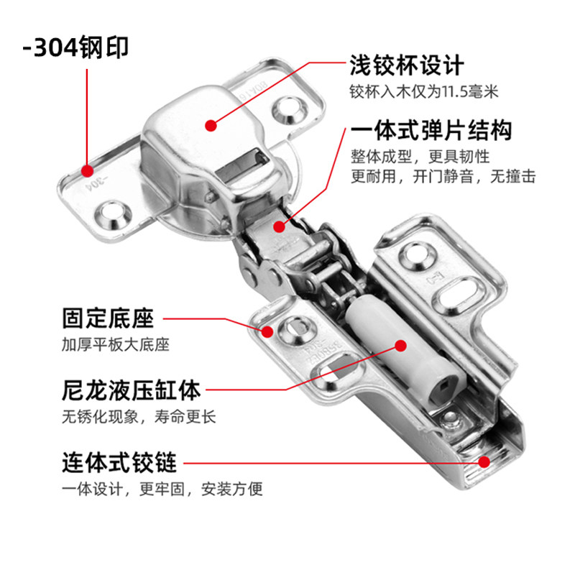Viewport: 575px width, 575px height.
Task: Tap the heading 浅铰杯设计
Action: pyautogui.click(x=407, y=65)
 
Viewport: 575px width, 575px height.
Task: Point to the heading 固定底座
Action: pyautogui.click(x=108, y=317)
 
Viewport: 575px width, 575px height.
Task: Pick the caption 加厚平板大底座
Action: pyautogui.click(x=115, y=345)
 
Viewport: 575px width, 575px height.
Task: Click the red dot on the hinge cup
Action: pyautogui.click(x=211, y=126)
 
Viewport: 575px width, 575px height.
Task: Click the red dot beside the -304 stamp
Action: pyautogui.click(x=88, y=171)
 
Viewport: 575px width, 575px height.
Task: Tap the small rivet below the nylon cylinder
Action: pyautogui.click(x=451, y=418)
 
